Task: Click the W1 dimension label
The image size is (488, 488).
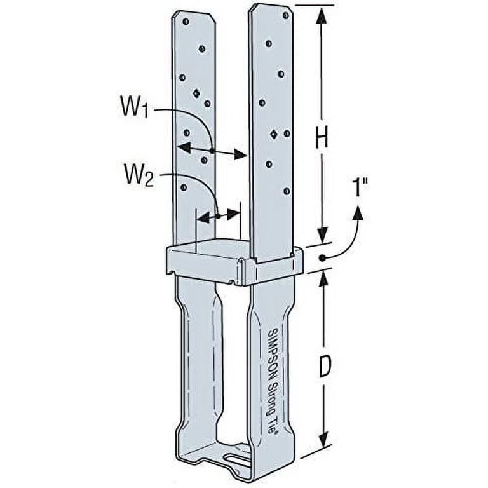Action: point(134,107)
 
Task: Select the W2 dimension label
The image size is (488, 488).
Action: point(139,176)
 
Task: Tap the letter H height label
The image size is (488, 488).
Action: point(322,139)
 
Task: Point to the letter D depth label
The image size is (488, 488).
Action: point(324,367)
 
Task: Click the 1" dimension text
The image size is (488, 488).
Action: point(361,187)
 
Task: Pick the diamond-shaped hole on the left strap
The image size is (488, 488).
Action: point(196,93)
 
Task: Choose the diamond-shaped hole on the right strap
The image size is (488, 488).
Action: point(274,135)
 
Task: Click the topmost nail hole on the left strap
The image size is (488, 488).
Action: point(186,22)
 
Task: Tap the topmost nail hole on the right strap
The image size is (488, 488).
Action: point(285,15)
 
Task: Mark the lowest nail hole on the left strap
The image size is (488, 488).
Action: point(184,187)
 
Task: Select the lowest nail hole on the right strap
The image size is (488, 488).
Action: point(287,191)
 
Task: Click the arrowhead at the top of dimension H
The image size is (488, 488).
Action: point(322,16)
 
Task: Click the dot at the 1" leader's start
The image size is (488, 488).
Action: point(322,258)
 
